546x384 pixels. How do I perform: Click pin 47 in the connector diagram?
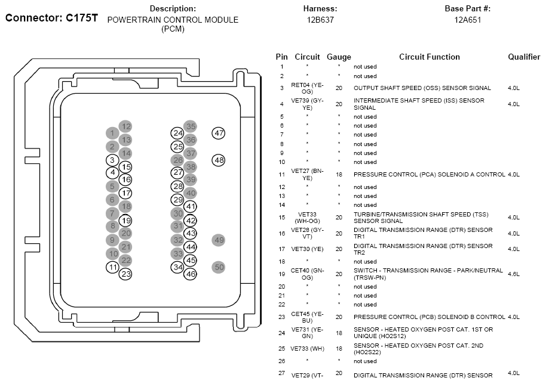219,133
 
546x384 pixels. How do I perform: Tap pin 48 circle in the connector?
219,160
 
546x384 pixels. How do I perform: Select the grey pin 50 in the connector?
219,267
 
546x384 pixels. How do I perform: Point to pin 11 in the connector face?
112,267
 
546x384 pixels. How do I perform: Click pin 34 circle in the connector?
177,267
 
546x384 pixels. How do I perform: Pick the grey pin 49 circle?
219,240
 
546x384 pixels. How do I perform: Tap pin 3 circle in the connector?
112,160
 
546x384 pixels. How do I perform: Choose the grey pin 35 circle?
191,126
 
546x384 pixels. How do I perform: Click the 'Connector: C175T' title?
51,18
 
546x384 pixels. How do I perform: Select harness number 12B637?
320,20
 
